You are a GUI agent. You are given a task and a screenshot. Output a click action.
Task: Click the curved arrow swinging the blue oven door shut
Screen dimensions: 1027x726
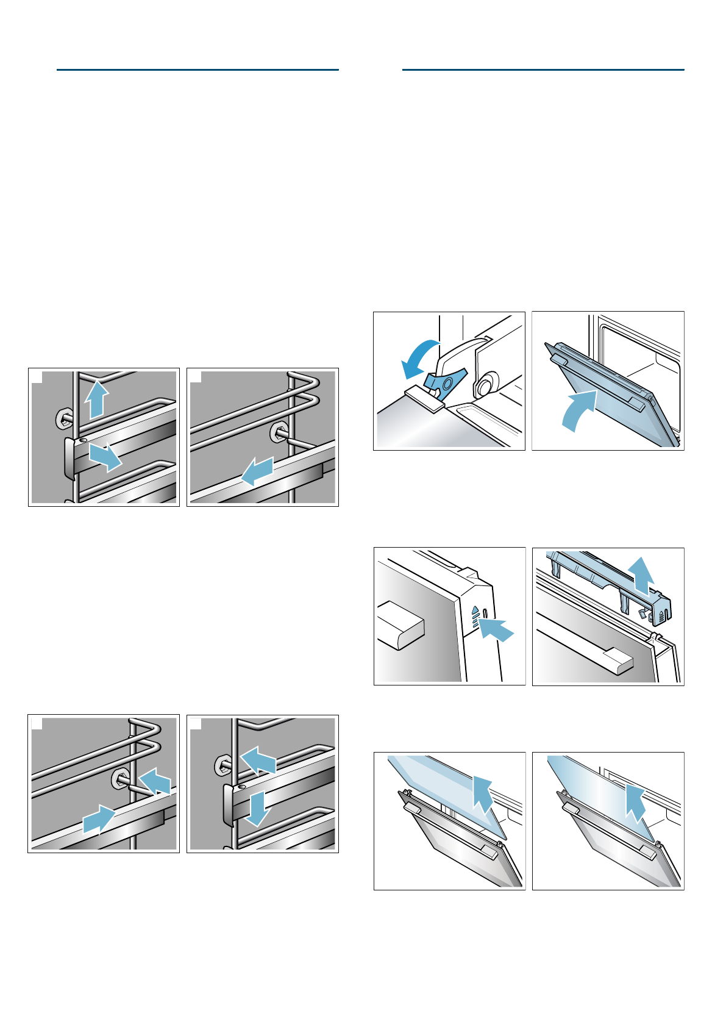click(578, 410)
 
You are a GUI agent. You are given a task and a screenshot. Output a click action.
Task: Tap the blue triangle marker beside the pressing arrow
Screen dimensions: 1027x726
click(475, 609)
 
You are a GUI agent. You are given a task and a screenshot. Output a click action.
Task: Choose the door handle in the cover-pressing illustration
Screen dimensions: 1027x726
click(400, 626)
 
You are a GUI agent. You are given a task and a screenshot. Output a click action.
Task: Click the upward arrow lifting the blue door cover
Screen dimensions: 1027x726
click(642, 574)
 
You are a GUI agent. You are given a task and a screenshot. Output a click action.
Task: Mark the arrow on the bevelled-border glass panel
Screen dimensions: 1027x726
click(483, 795)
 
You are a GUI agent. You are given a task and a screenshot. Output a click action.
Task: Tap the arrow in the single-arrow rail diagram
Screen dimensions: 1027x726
click(257, 472)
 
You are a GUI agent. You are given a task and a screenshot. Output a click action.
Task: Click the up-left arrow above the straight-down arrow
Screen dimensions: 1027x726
click(258, 760)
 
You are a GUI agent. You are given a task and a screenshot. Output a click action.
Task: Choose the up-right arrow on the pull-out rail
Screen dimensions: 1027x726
click(99, 819)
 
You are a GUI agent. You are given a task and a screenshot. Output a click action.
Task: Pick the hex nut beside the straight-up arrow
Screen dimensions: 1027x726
click(64, 418)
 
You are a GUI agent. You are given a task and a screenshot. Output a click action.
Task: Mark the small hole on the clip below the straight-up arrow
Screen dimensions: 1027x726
click(84, 440)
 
